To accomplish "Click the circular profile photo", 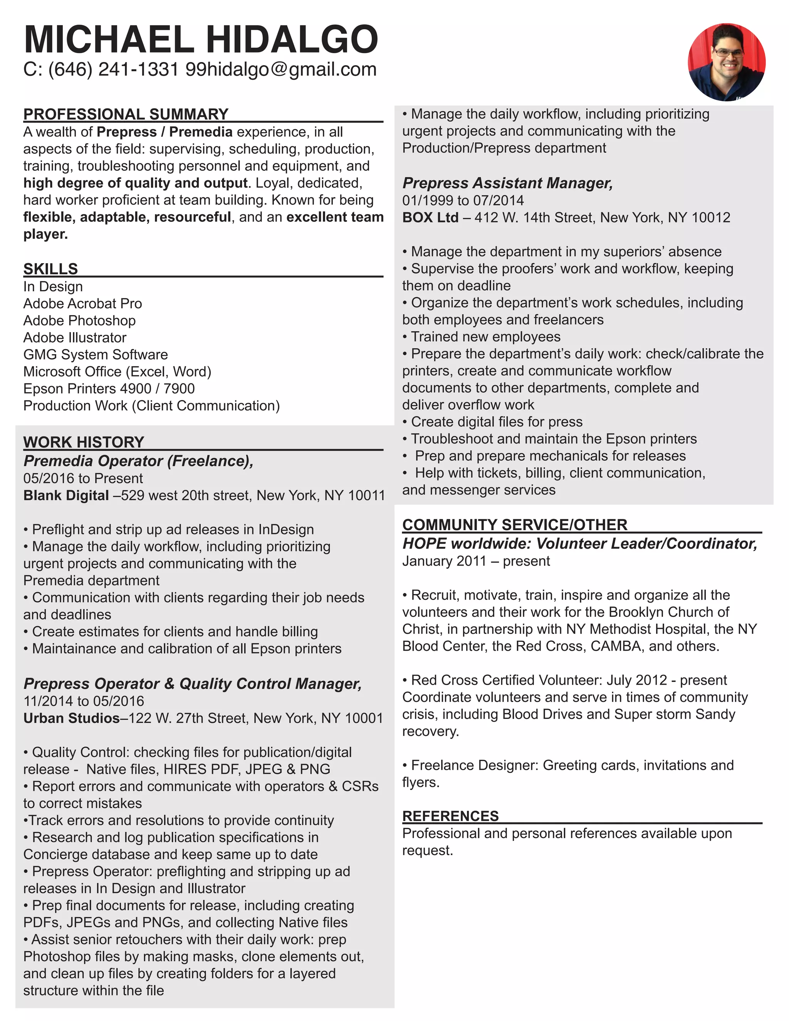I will pos(726,62).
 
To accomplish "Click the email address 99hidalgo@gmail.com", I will pos(281,70).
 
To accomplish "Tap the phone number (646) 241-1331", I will pos(114,70).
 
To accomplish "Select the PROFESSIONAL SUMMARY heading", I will pos(126,114).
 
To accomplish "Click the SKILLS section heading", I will pos(50,269).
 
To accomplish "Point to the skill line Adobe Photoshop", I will pos(79,321).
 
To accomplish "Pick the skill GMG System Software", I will pos(96,355).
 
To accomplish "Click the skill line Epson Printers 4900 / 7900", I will pos(109,389).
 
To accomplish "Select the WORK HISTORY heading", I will pos(84,442).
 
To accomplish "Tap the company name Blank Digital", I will pos(66,495).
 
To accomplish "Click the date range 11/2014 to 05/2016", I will pos(84,701).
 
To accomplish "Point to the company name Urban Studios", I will pos(72,718).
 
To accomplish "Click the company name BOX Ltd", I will pos(430,217).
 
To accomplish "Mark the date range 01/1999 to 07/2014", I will pos(463,201).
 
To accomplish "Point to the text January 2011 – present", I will pos(476,561).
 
